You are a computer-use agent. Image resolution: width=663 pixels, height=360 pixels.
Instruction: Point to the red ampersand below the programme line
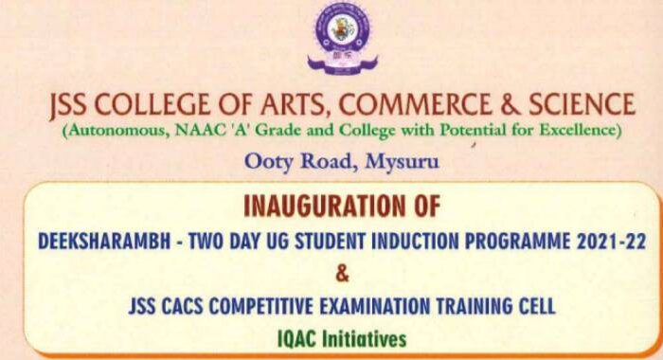tap(342, 275)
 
